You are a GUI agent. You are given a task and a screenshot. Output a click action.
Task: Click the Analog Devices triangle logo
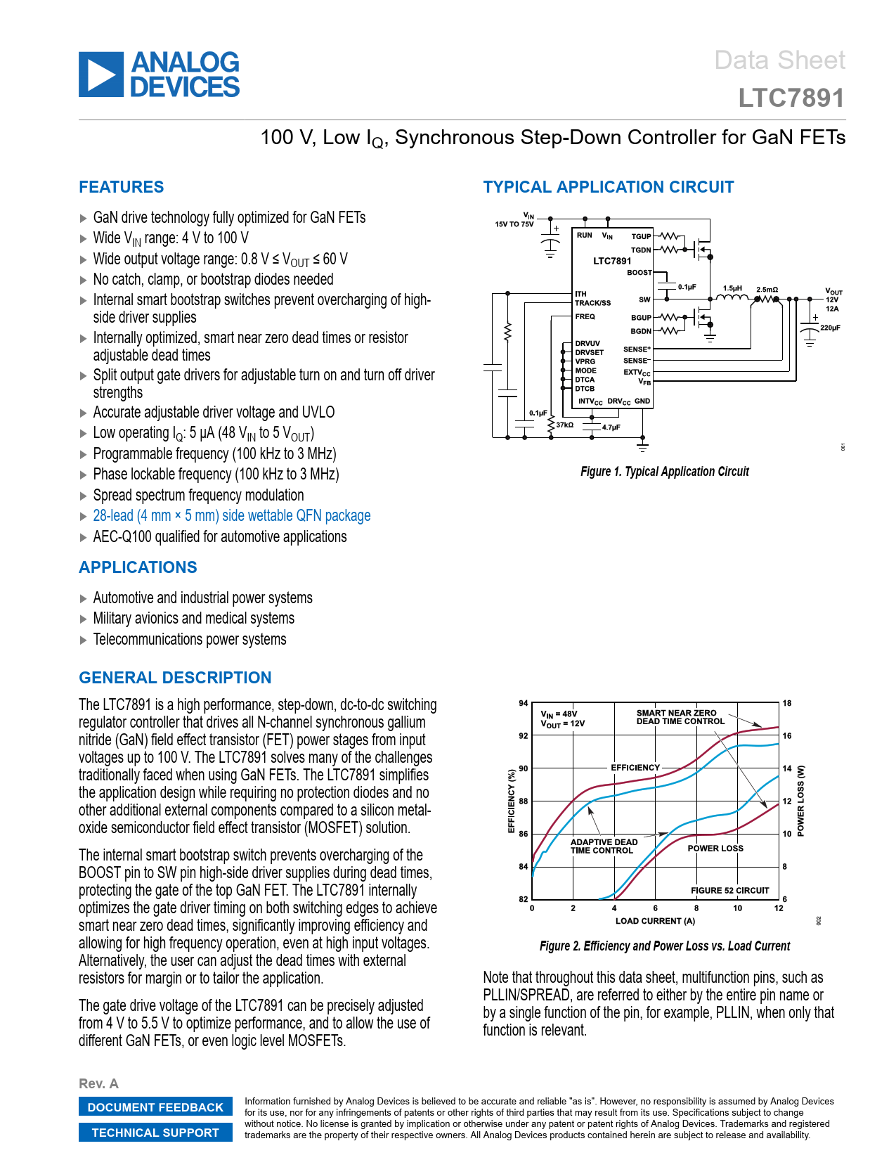click(x=101, y=75)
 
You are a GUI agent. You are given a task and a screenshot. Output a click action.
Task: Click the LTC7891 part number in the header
click(x=791, y=98)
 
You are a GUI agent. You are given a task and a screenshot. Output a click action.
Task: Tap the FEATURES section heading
click(x=121, y=187)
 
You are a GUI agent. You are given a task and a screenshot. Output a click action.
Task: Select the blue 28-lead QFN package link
click(x=231, y=516)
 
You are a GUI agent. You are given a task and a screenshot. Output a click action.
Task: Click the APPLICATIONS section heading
click(x=138, y=567)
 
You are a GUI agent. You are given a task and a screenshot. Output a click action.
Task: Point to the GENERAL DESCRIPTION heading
click(x=175, y=678)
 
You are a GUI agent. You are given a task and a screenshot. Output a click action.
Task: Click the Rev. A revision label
click(x=98, y=1083)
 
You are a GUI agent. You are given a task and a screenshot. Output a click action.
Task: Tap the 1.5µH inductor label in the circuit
click(x=732, y=288)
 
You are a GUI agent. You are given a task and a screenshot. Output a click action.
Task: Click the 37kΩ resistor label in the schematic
click(x=565, y=425)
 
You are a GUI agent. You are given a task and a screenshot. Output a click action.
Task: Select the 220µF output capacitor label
click(x=830, y=328)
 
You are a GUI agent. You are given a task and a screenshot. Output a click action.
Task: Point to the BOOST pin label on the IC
click(x=639, y=273)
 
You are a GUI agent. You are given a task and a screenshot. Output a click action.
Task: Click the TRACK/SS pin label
click(x=592, y=303)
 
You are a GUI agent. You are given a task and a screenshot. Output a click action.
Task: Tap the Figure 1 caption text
click(x=664, y=472)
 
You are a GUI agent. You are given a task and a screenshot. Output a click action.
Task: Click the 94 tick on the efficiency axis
click(x=523, y=703)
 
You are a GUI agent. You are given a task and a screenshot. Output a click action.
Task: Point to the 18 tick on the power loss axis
click(x=787, y=703)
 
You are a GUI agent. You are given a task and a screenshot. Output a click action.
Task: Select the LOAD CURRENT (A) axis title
click(x=655, y=921)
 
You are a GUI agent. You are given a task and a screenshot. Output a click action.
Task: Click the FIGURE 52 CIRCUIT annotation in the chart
click(x=729, y=890)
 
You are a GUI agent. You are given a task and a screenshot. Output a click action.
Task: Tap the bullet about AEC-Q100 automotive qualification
click(x=219, y=537)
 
